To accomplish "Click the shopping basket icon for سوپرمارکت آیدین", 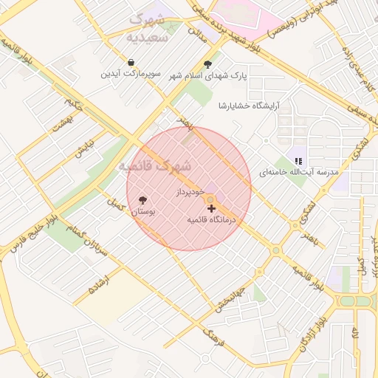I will click(131, 63).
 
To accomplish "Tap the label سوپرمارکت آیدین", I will click(131, 75).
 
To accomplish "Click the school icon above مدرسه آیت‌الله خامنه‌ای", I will click(298, 160).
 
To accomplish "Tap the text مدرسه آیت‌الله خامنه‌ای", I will click(298, 172).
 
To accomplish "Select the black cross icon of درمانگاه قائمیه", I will click(212, 209).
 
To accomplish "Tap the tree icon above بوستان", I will click(142, 200).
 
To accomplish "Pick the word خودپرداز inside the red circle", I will click(189, 191).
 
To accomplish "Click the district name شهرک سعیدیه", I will click(148, 27).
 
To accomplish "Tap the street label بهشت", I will click(59, 125).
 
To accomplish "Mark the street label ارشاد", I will click(98, 283).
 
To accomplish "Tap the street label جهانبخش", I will click(231, 295).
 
